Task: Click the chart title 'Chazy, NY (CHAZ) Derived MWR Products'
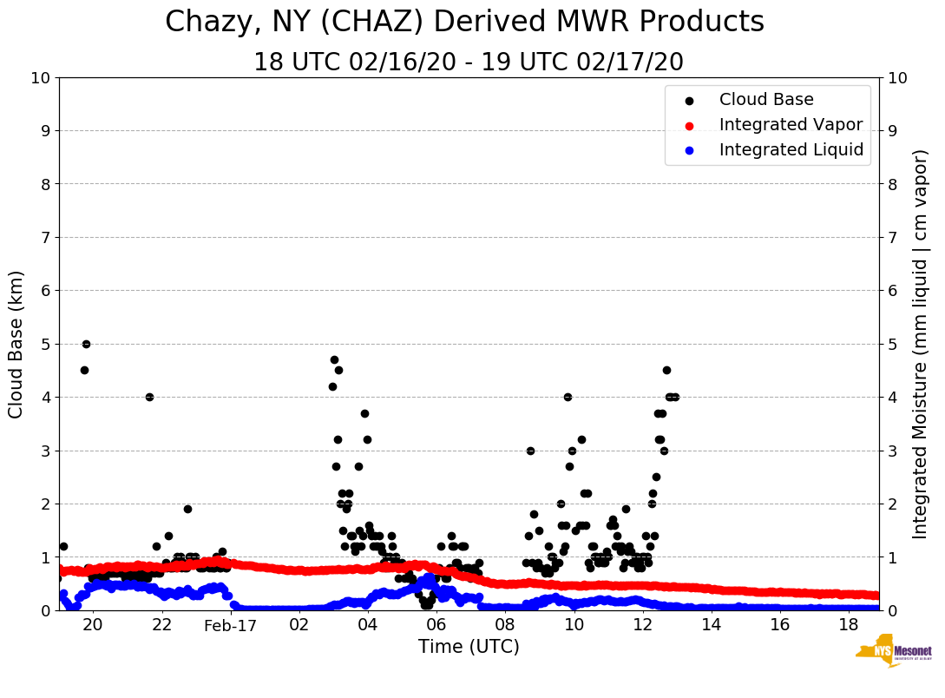(464, 23)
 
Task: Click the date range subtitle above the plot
(468, 63)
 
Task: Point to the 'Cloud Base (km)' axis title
(16, 344)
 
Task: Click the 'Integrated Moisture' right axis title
(921, 344)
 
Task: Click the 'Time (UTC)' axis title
(469, 647)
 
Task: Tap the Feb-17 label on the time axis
(231, 625)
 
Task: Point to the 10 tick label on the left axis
(41, 78)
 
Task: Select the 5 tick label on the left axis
(46, 344)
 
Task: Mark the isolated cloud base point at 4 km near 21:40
(149, 397)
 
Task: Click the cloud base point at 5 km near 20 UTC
(86, 344)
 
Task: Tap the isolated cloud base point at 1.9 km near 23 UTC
(187, 509)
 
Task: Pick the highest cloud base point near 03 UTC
(334, 359)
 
